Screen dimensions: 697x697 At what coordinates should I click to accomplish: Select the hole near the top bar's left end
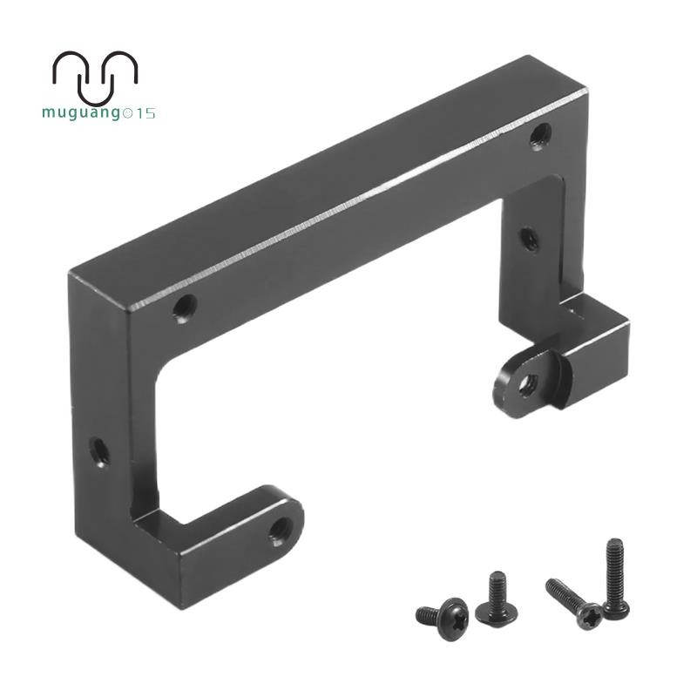[x=185, y=308]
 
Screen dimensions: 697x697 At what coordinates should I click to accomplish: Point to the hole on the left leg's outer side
[x=99, y=451]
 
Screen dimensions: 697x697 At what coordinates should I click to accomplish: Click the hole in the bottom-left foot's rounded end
[x=281, y=531]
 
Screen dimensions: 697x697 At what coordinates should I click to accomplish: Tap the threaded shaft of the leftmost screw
[x=428, y=615]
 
